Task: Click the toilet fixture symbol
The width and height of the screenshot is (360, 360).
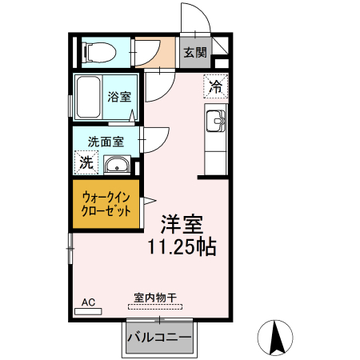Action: click(100, 52)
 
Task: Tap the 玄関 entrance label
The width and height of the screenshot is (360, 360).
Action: click(195, 52)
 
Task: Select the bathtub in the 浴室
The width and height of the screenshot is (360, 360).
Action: click(88, 97)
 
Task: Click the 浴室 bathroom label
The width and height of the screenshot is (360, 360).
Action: click(119, 97)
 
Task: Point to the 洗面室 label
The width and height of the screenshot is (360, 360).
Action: click(106, 142)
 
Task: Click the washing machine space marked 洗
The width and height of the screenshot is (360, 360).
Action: click(86, 162)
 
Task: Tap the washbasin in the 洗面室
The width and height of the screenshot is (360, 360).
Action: click(117, 165)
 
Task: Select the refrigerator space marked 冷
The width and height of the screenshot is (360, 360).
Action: click(216, 86)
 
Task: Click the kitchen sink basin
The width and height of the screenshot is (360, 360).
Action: click(216, 121)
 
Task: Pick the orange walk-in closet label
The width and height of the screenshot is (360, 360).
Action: click(106, 204)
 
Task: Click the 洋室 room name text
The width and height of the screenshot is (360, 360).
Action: click(182, 225)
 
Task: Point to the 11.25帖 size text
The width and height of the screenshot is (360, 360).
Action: click(182, 246)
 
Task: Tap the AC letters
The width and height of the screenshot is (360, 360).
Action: click(88, 302)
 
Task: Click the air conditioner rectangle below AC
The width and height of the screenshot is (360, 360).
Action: click(88, 311)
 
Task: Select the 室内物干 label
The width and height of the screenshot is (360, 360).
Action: click(155, 298)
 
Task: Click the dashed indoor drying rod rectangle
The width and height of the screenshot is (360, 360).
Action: click(155, 307)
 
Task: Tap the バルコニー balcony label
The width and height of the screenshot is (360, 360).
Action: click(159, 338)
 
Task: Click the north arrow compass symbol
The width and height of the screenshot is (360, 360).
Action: click(275, 338)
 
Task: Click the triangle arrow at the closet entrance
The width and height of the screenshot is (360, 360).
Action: click(150, 201)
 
